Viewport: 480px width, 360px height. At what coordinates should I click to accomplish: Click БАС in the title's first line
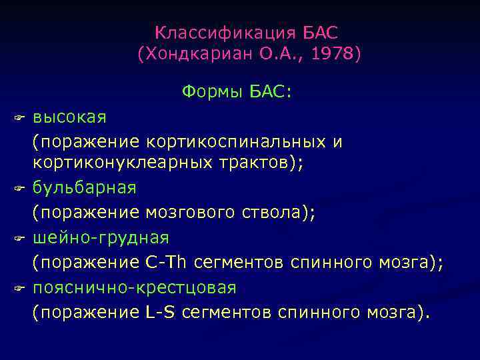pyautogui.click(x=321, y=33)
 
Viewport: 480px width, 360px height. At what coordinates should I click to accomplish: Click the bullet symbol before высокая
pyautogui.click(x=19, y=119)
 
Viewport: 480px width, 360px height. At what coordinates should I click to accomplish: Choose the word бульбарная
pyautogui.click(x=85, y=188)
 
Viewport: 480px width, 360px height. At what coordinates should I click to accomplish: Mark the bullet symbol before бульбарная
pyautogui.click(x=19, y=189)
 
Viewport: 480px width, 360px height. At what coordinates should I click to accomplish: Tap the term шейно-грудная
pyautogui.click(x=101, y=237)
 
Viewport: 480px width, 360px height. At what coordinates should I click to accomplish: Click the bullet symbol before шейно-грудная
pyautogui.click(x=19, y=238)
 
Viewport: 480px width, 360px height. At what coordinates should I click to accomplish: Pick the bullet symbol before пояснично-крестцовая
pyautogui.click(x=19, y=288)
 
